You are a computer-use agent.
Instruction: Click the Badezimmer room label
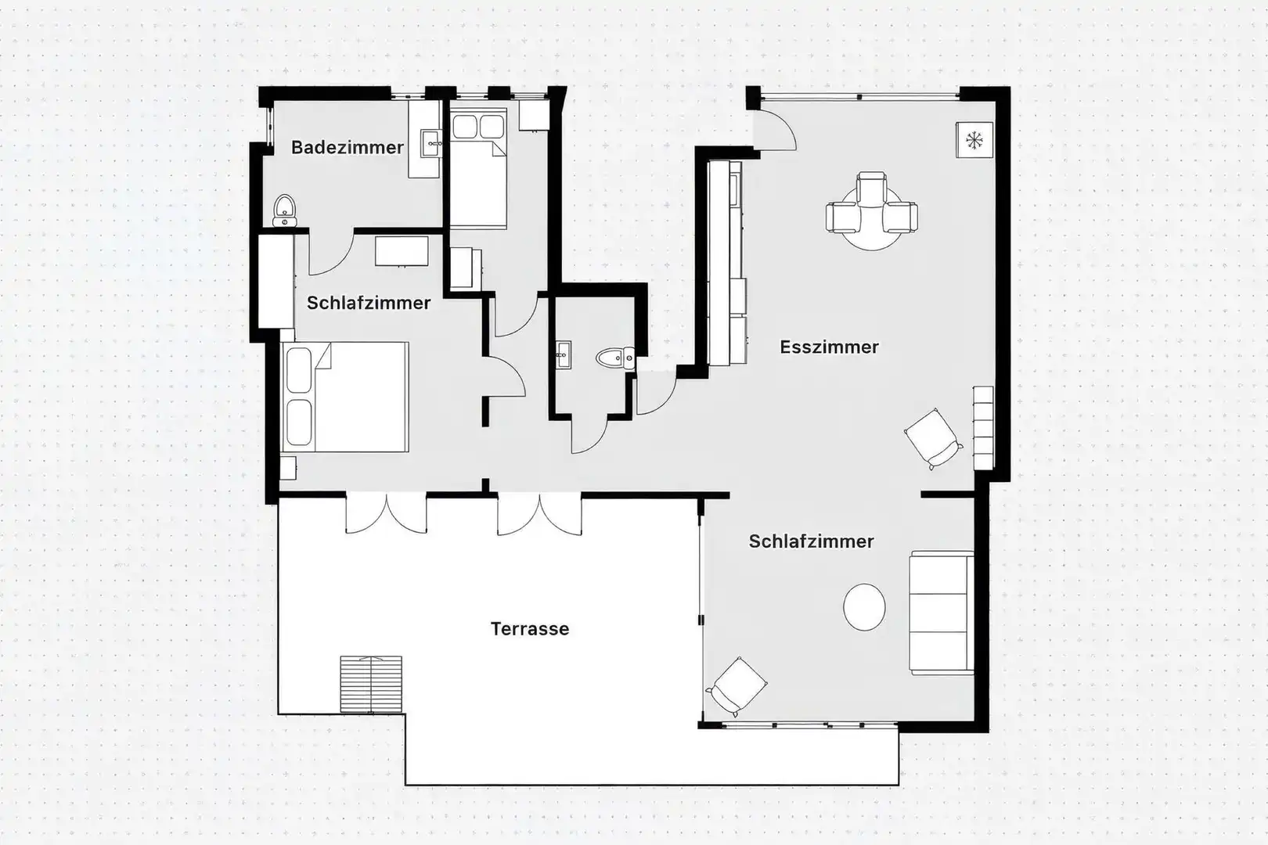347,148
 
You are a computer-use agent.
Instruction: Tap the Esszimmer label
829,347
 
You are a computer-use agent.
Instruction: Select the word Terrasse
529,629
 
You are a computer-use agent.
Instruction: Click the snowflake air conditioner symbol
974,140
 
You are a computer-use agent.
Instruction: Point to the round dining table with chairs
872,211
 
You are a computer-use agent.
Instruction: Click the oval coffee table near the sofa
864,607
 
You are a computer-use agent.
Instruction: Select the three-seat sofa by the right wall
942,613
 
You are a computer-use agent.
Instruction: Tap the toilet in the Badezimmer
284,210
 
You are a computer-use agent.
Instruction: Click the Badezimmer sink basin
431,144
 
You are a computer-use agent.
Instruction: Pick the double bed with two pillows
345,397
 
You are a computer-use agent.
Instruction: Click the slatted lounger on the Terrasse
371,684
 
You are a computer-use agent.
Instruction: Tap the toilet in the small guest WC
615,358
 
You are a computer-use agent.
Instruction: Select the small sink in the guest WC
564,355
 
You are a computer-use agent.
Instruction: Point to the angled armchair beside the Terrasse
737,686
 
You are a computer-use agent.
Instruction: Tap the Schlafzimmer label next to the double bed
369,304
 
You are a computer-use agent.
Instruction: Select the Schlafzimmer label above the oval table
811,541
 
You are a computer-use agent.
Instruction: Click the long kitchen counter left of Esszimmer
726,263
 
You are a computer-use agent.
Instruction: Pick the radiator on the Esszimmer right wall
983,428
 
